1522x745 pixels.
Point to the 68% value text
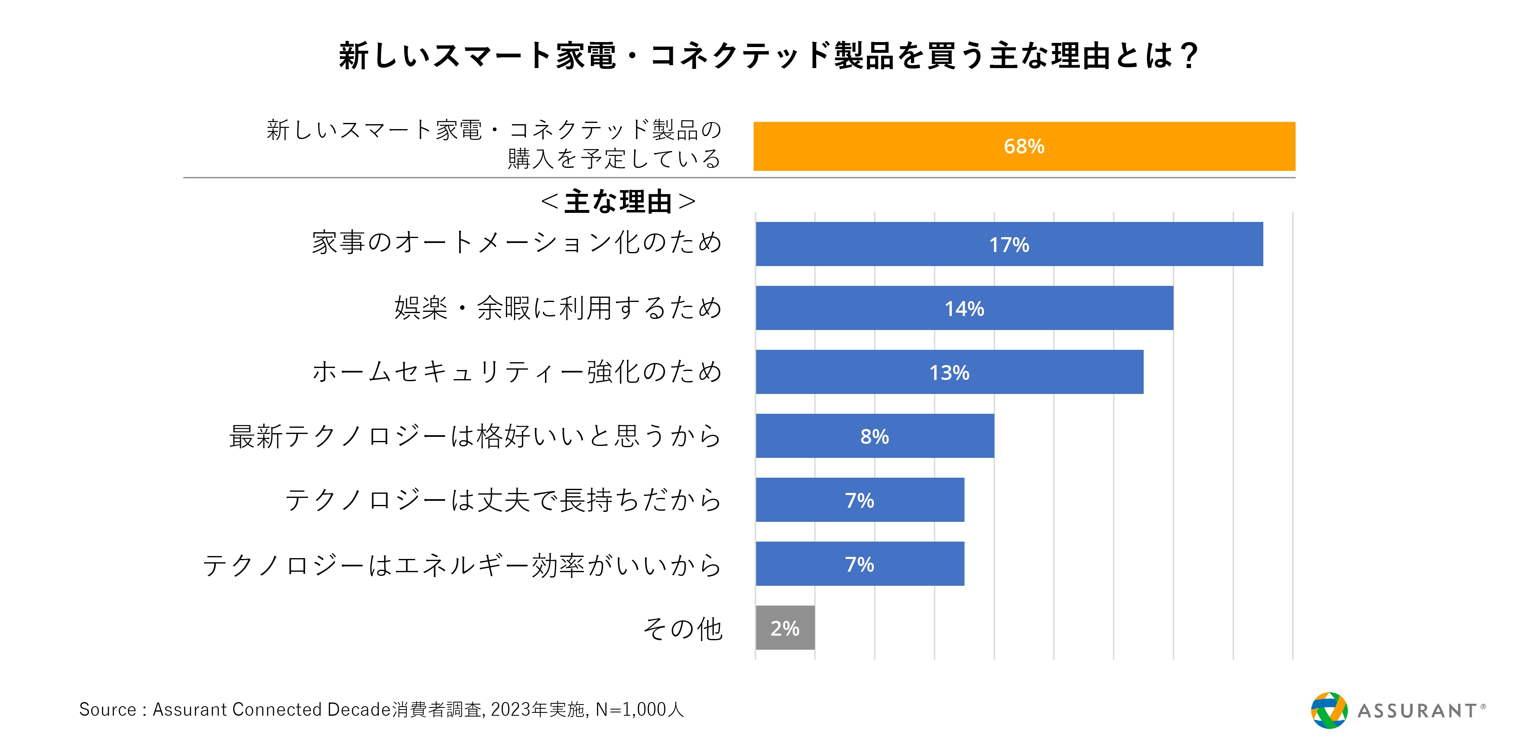tap(1024, 146)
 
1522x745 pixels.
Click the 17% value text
tap(1009, 245)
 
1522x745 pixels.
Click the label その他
tap(682, 629)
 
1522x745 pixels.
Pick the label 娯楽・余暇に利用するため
tap(558, 308)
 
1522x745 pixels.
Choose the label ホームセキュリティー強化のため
tap(517, 372)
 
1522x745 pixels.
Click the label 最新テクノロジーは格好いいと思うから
tap(476, 436)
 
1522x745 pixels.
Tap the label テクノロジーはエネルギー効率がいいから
tap(462, 565)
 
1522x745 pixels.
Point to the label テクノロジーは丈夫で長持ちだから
tap(503, 500)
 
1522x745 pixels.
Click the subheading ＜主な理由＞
tap(618, 201)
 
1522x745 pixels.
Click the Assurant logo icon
tap(1329, 710)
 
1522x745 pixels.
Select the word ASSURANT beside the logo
tap(1417, 711)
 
